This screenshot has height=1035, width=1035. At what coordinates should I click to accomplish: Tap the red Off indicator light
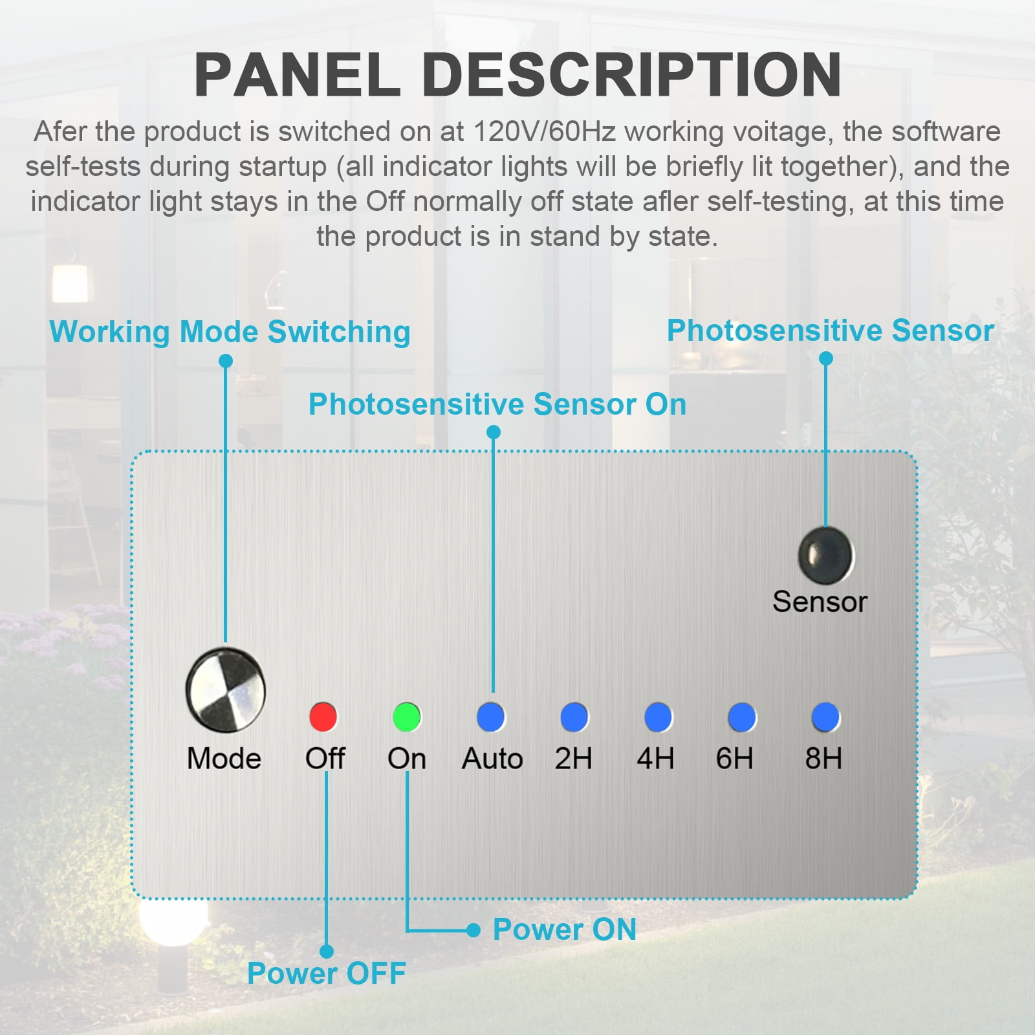pyautogui.click(x=323, y=717)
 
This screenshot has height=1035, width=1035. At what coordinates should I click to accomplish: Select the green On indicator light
pyautogui.click(x=407, y=717)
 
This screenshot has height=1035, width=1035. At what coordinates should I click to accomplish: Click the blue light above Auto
pyautogui.click(x=491, y=717)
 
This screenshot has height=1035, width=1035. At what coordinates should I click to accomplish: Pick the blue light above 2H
pyautogui.click(x=574, y=717)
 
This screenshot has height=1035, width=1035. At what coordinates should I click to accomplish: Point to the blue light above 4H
pyautogui.click(x=658, y=717)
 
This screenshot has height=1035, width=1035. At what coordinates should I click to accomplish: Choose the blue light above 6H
pyautogui.click(x=741, y=717)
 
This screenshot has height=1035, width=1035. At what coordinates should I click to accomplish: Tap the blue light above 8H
pyautogui.click(x=825, y=717)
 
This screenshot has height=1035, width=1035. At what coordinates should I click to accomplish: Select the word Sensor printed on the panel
pyautogui.click(x=820, y=602)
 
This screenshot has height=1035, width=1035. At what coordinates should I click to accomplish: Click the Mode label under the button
pyautogui.click(x=224, y=758)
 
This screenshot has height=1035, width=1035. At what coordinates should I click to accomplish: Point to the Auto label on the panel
pyautogui.click(x=492, y=758)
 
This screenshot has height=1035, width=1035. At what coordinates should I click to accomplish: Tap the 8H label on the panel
pyautogui.click(x=823, y=758)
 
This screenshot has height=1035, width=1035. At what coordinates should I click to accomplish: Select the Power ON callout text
pyautogui.click(x=565, y=930)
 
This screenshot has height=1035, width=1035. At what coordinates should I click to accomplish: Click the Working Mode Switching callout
pyautogui.click(x=230, y=332)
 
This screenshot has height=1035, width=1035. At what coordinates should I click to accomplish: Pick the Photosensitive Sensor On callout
pyautogui.click(x=497, y=404)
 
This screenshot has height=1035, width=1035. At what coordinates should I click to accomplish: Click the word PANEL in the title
pyautogui.click(x=298, y=75)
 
